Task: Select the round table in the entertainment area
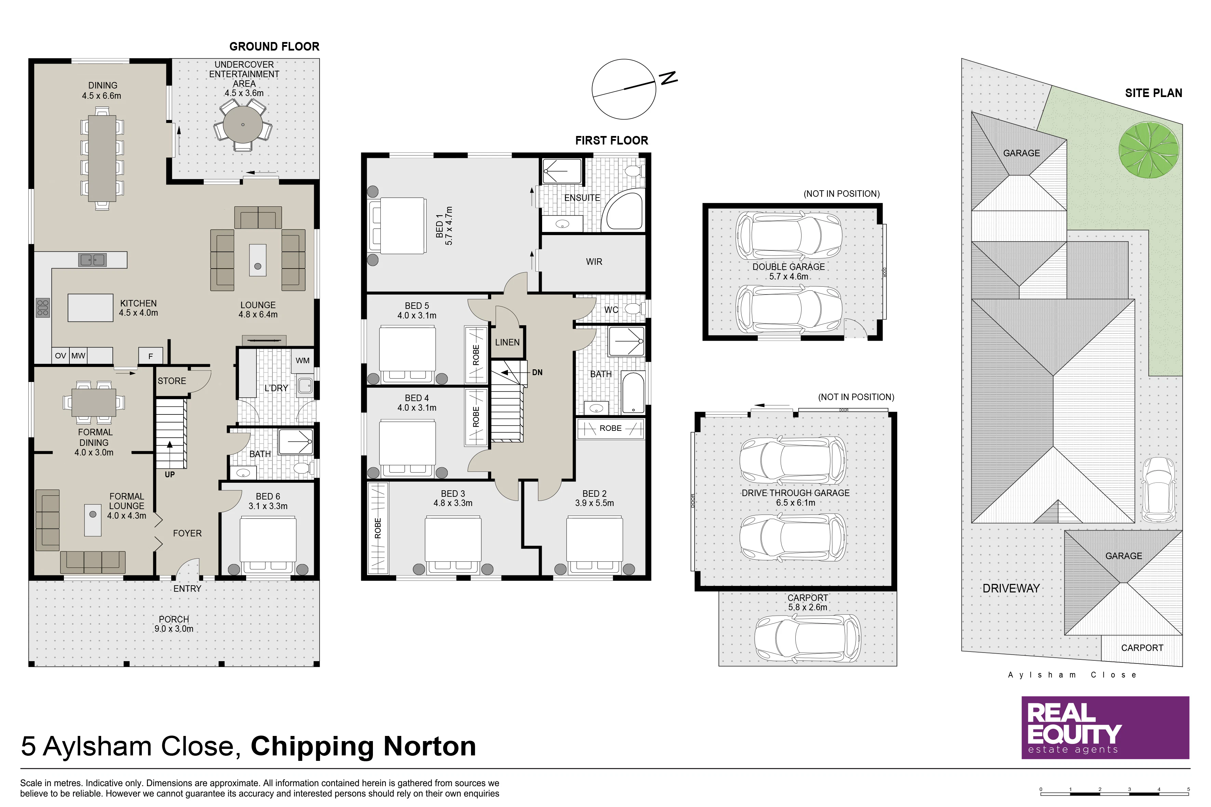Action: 243,125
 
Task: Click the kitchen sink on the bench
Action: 92,260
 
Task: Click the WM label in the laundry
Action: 303,360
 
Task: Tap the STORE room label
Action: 172,381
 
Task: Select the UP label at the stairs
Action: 170,475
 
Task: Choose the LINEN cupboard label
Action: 507,342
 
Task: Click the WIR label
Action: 594,262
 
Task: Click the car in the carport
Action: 807,638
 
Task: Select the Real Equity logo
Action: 1105,728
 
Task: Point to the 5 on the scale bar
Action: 1188,789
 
